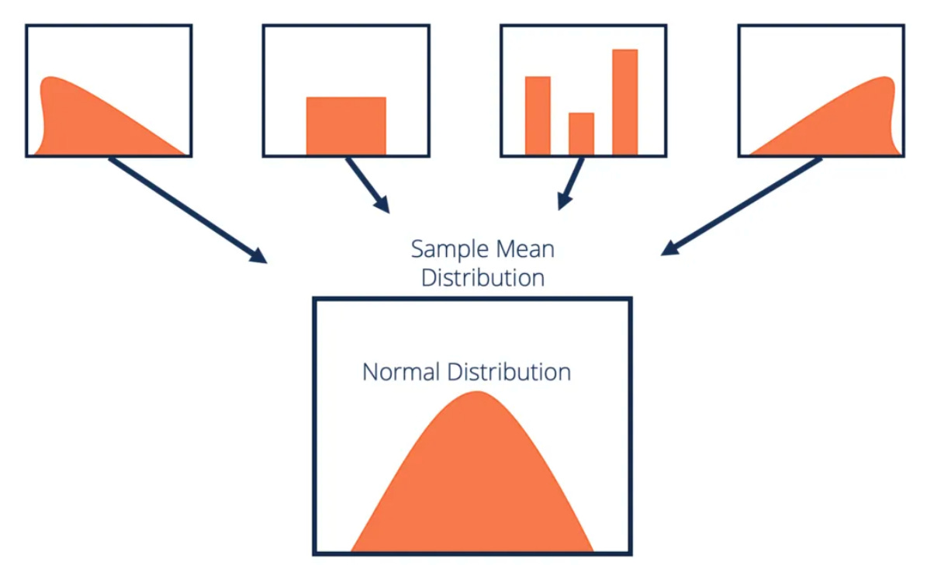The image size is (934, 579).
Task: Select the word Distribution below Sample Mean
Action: click(483, 277)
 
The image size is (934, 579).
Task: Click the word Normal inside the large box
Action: click(401, 372)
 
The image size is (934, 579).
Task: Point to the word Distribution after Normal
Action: click(508, 372)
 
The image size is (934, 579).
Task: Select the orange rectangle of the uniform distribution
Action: click(346, 126)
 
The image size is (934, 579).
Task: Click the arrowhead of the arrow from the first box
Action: click(259, 257)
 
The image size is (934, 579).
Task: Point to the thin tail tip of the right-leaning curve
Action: click(750, 153)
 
